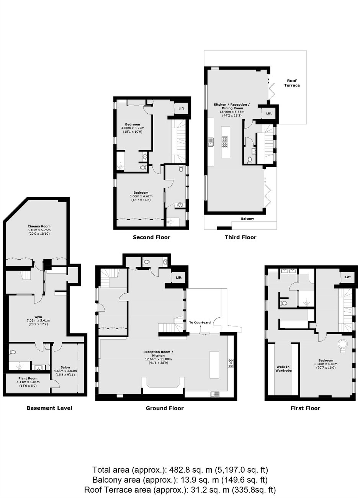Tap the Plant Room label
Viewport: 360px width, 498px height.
click(x=28, y=378)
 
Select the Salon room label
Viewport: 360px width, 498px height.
click(x=65, y=367)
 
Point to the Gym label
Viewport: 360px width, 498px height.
click(x=38, y=317)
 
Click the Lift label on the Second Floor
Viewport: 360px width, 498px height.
click(x=181, y=108)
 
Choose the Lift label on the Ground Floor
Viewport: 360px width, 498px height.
click(x=179, y=278)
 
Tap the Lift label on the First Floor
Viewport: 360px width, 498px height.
click(x=348, y=277)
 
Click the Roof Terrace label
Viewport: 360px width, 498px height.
click(x=292, y=83)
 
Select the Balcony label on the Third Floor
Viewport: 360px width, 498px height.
click(x=247, y=219)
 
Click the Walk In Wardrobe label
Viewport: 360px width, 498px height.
click(x=283, y=369)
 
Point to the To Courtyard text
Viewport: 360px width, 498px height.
click(x=200, y=322)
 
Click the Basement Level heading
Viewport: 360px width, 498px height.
click(x=49, y=408)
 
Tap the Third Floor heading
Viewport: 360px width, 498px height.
click(x=241, y=237)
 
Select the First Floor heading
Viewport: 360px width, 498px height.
click(x=305, y=408)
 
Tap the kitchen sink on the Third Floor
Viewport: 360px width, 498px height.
click(x=211, y=142)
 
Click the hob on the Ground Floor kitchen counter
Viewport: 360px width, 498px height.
click(x=230, y=363)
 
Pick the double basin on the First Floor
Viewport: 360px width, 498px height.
click(x=288, y=271)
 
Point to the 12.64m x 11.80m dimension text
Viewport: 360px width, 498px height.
click(x=158, y=359)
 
